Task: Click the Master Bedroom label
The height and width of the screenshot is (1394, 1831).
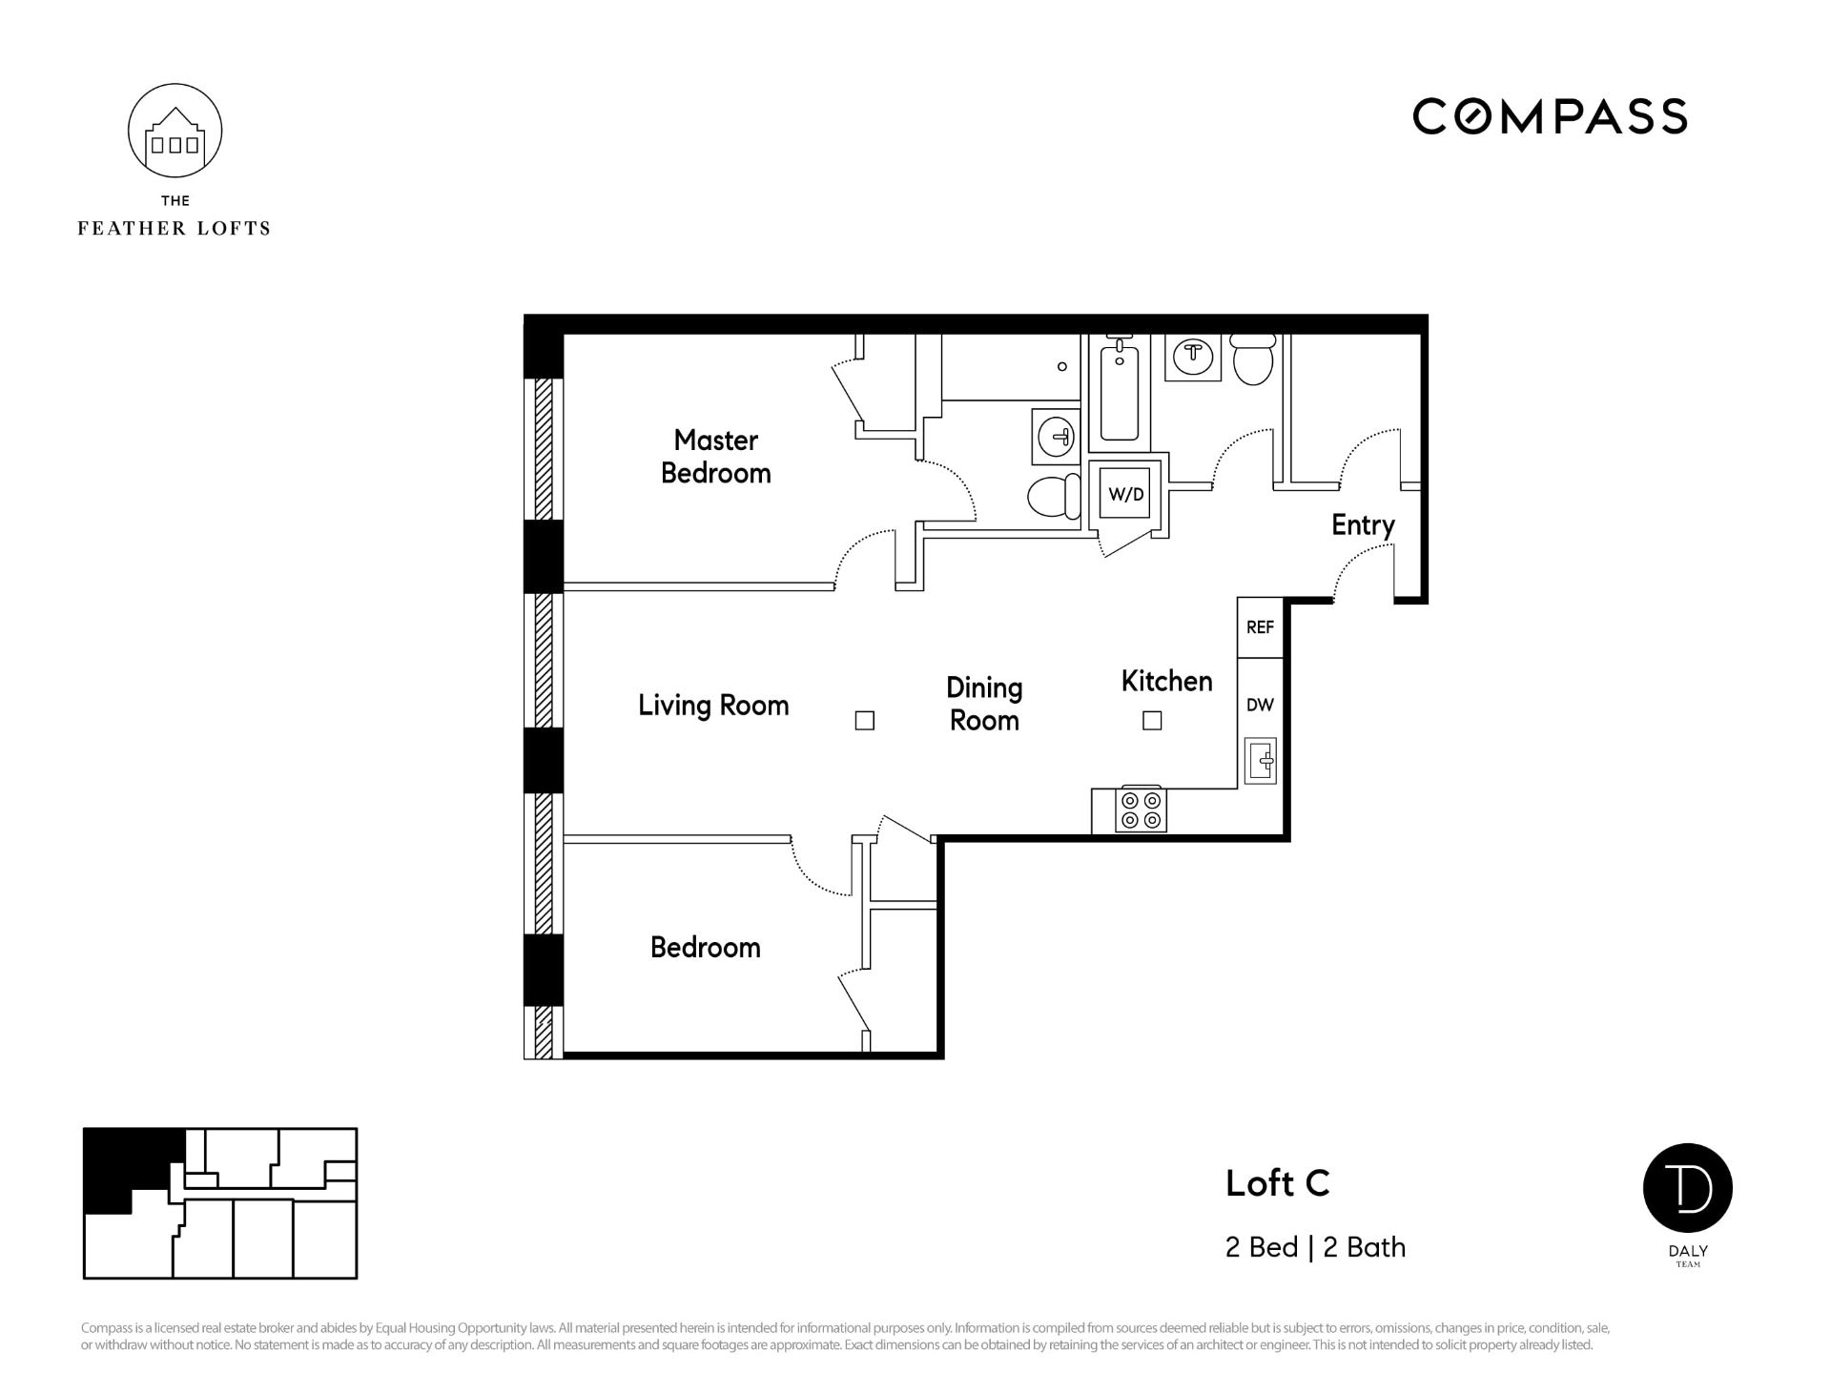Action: coord(716,457)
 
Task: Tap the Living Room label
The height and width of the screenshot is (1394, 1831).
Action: coord(713,706)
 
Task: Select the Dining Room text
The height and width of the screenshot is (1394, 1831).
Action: coord(984,704)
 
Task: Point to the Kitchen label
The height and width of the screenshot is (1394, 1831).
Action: coord(1167,681)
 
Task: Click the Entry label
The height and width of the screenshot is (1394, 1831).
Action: coord(1363,525)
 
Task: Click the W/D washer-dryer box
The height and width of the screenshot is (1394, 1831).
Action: coord(1126,494)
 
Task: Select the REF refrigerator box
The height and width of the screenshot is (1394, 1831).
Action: coord(1260,627)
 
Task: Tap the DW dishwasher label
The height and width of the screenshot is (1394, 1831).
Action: coord(1260,705)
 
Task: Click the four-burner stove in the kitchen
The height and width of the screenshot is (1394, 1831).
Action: coord(1142,809)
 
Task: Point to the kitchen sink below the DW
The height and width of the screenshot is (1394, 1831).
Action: coord(1261,761)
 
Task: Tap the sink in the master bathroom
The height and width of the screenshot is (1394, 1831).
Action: coord(1057,437)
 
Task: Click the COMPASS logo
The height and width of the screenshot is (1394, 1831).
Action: coord(1550,116)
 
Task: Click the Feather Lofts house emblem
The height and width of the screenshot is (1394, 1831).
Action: coord(175,131)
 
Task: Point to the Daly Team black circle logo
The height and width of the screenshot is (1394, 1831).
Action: coord(1688,1188)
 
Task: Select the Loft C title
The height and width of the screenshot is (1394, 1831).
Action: coord(1277,1183)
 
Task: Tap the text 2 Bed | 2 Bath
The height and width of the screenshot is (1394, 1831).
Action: coord(1315,1247)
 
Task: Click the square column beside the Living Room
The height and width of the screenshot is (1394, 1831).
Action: coord(865,721)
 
